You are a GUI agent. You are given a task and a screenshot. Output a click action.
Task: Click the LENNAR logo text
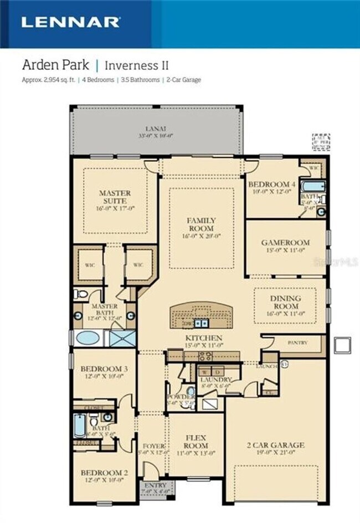[70, 22]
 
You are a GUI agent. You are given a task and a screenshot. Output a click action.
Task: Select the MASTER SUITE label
[115, 197]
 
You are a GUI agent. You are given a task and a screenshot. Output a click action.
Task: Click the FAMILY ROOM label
[201, 224]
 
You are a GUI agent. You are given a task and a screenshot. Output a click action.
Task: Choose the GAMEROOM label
[285, 243]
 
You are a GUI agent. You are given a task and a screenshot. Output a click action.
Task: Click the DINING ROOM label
[286, 302]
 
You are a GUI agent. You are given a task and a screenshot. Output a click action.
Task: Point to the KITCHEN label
[204, 337]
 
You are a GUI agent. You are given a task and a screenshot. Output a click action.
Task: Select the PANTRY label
[297, 343]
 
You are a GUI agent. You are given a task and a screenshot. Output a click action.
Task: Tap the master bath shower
[122, 338]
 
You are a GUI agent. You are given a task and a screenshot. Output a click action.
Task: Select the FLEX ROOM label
[196, 442]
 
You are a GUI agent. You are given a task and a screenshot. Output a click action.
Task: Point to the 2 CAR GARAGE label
[275, 445]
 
